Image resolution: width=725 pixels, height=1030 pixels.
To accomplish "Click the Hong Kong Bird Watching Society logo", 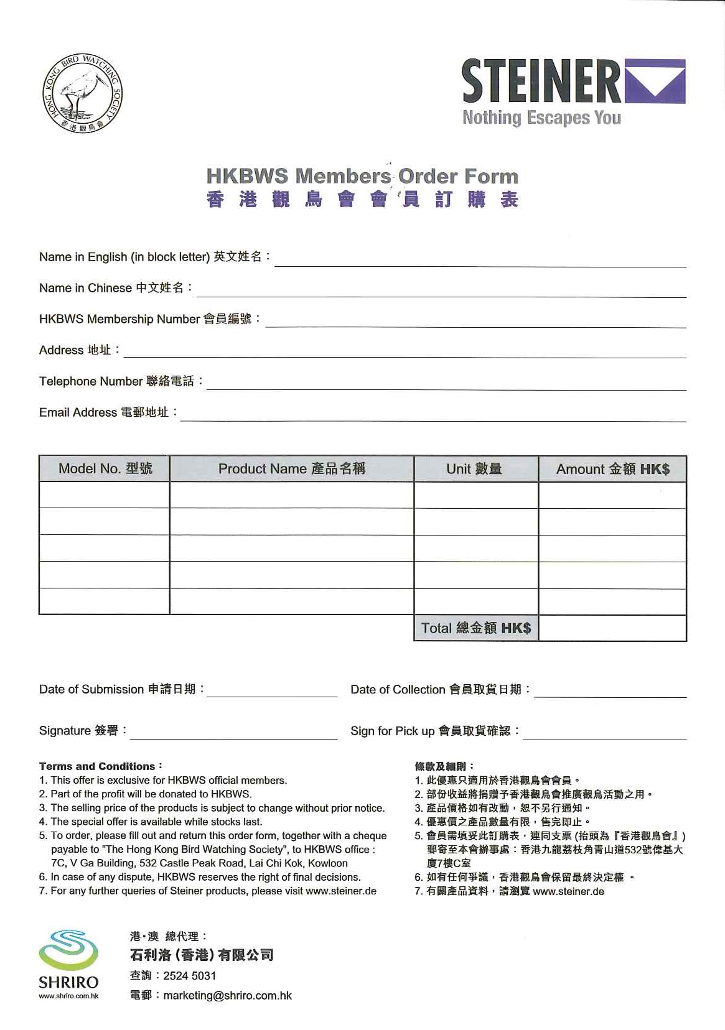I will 82,93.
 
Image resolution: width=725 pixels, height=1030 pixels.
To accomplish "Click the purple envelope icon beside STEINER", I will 655,81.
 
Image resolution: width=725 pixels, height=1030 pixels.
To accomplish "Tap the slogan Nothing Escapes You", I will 541,118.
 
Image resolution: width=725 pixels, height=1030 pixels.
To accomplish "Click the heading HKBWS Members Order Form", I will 362,176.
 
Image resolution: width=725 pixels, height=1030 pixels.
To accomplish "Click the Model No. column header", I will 105,469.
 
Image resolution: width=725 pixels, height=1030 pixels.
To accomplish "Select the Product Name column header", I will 292,469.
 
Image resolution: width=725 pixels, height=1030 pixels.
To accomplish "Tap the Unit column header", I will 475,469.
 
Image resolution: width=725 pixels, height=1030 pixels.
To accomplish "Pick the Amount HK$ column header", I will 612,469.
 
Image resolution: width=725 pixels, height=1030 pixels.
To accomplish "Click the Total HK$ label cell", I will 476,628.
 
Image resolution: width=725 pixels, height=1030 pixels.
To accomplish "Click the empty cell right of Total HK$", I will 612,628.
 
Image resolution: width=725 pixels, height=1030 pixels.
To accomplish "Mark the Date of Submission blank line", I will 272,693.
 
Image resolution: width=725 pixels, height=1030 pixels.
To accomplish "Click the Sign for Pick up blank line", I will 604,735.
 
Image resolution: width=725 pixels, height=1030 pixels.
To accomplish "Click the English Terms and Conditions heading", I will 100,766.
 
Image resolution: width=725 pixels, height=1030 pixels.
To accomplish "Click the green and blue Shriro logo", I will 68,952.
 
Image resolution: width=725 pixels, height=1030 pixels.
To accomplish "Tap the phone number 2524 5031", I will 190,975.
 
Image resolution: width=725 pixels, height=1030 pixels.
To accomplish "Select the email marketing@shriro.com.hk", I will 228,995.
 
